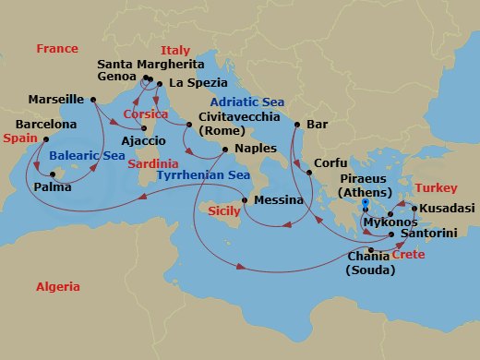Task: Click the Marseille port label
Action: tap(56, 99)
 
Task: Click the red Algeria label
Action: tap(57, 287)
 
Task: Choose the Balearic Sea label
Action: tap(88, 156)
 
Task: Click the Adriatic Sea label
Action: tap(245, 102)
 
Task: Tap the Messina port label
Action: tap(280, 200)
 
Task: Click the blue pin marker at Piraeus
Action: tap(366, 204)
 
